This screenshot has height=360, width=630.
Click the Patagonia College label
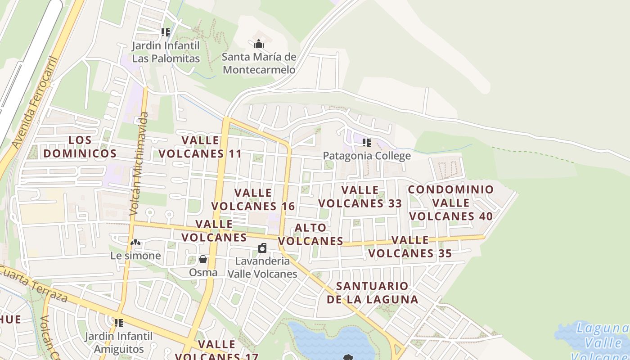(x=367, y=156)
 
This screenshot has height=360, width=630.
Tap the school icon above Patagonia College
(x=367, y=143)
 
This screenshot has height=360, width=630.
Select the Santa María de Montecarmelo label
(x=259, y=63)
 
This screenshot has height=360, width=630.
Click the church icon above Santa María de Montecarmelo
(x=259, y=44)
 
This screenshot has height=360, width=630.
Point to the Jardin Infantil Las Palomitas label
(x=166, y=52)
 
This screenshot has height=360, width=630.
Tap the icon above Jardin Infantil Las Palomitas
(x=166, y=32)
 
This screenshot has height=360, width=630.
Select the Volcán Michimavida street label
(x=139, y=164)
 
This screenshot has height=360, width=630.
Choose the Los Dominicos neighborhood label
(x=80, y=147)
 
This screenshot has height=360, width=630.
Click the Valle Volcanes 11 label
(x=200, y=147)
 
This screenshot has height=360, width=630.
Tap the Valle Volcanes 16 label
(x=253, y=200)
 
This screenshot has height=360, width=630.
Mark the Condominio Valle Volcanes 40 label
(x=451, y=202)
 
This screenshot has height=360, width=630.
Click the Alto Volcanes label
(x=314, y=234)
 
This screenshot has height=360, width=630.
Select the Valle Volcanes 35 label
(x=410, y=247)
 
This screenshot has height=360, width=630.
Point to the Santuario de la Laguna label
(x=372, y=292)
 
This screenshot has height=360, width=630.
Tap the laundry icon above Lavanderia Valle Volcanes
(x=262, y=248)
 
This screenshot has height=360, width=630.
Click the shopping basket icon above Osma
(x=203, y=259)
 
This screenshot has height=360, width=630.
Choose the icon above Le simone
(x=135, y=243)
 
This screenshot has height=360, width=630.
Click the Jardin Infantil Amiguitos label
(x=119, y=342)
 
